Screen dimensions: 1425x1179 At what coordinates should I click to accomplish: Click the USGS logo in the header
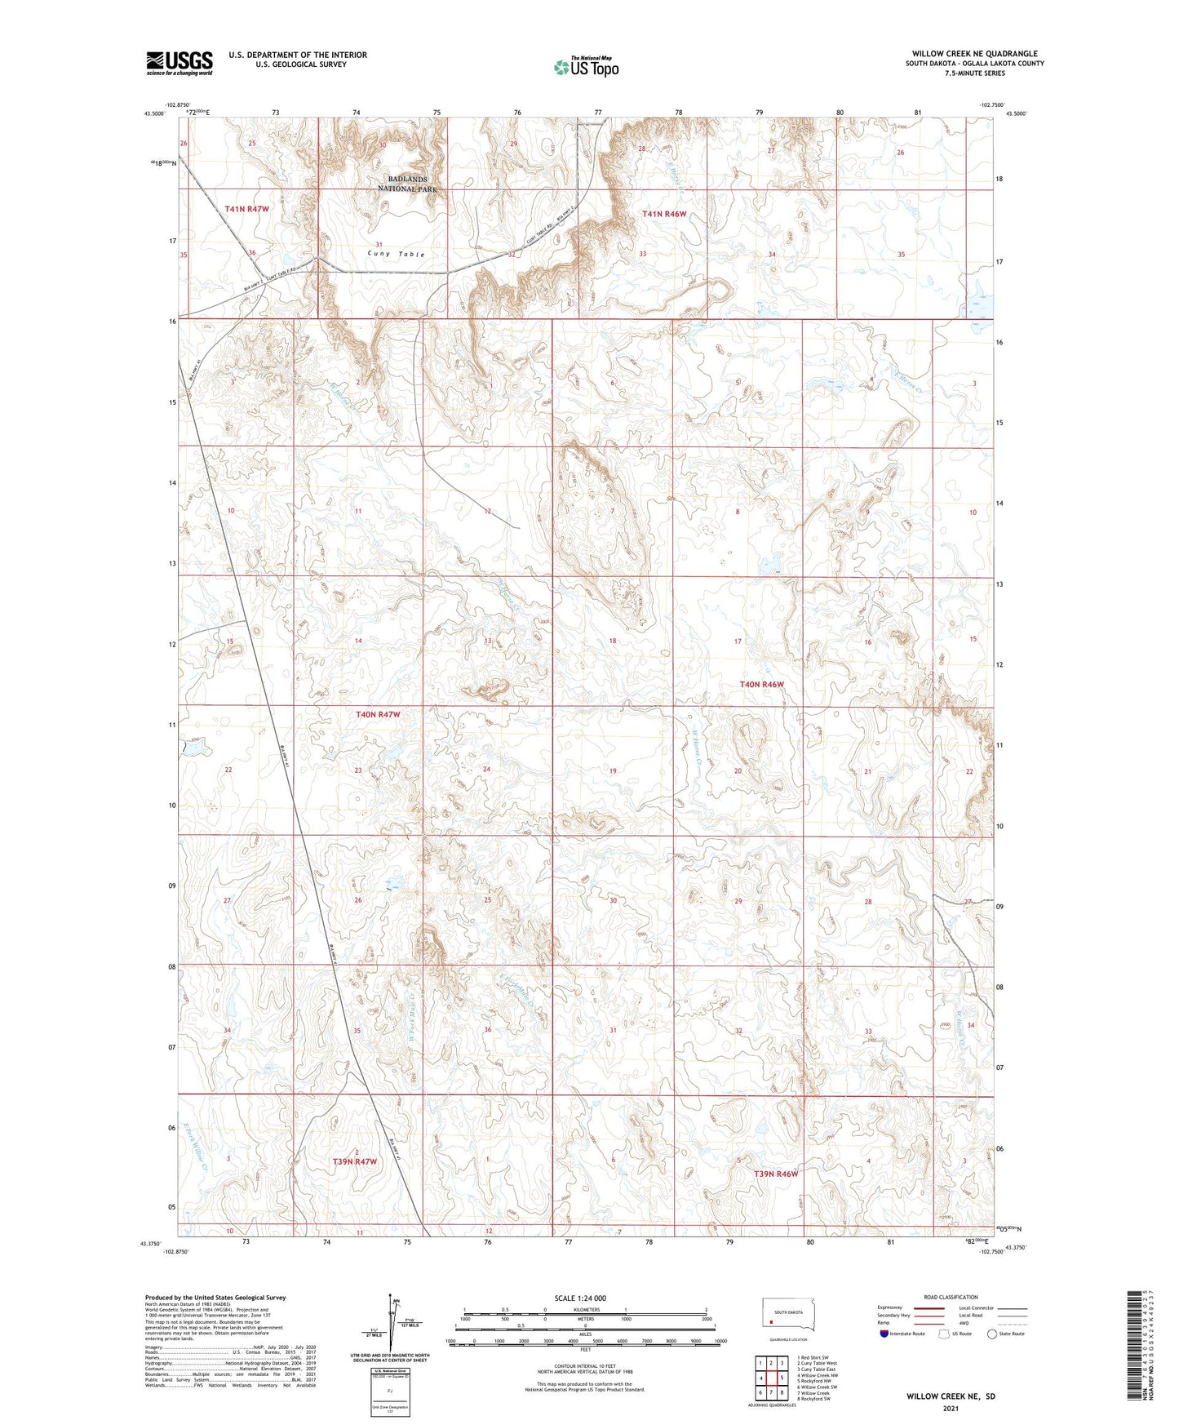click(x=180, y=63)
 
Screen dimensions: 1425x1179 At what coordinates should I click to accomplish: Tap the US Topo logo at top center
click(x=586, y=67)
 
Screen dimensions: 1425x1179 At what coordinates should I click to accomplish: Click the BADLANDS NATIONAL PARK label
click(x=407, y=184)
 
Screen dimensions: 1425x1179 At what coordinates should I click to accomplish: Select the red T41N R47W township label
click(x=246, y=209)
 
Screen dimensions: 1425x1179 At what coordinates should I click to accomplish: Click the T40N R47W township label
click(x=378, y=714)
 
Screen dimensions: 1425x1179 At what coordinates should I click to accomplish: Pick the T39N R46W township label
click(x=775, y=1174)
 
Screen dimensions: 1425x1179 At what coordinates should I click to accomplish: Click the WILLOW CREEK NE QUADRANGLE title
click(x=974, y=54)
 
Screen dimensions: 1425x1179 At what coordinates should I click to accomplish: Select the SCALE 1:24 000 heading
click(x=580, y=1298)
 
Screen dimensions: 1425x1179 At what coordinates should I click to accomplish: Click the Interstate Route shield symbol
click(x=884, y=1334)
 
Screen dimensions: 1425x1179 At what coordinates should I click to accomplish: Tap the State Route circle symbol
click(x=992, y=1334)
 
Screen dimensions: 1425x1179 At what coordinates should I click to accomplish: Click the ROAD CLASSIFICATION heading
click(x=951, y=1297)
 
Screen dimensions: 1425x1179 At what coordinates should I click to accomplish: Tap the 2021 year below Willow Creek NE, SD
click(x=950, y=1409)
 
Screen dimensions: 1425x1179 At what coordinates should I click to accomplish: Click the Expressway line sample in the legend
click(x=929, y=1307)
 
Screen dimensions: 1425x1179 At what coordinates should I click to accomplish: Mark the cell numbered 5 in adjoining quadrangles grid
click(x=782, y=1378)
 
